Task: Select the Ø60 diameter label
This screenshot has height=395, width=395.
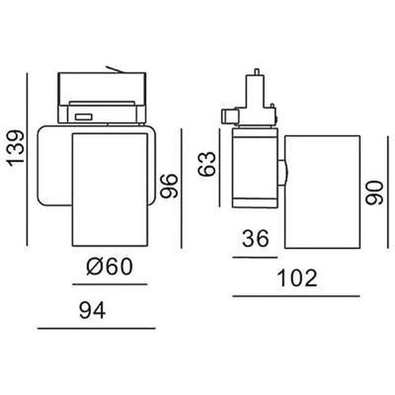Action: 109,267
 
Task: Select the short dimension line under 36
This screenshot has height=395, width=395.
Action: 255,257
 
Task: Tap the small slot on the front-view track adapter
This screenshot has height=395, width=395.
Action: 82,117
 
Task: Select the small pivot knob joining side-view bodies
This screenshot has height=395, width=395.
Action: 284,168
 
